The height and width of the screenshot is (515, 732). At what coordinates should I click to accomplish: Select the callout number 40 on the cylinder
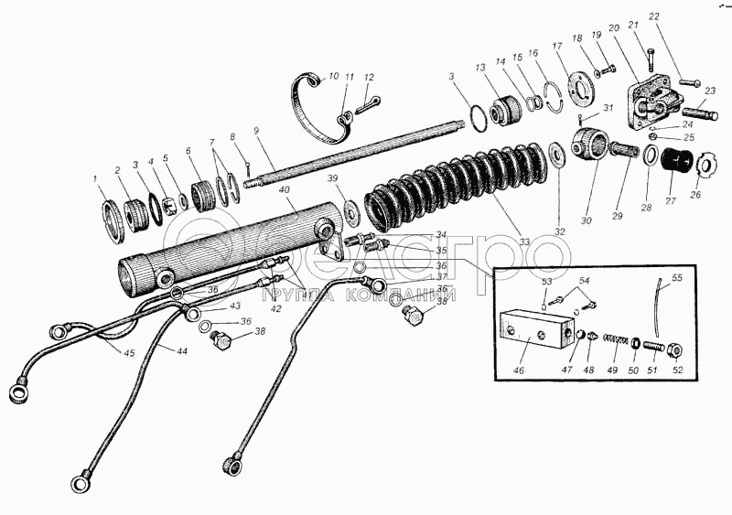[285, 190]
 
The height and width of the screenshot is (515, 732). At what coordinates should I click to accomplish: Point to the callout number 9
[258, 131]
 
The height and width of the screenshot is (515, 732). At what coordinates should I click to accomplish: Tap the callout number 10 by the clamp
[333, 77]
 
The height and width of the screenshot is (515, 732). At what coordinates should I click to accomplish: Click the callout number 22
[680, 17]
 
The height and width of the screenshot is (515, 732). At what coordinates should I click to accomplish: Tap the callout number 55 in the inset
[677, 276]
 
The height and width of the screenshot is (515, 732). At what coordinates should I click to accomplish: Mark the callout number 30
[586, 220]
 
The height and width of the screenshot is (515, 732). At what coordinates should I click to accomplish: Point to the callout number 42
[275, 310]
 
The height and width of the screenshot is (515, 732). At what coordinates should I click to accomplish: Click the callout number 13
[480, 68]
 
